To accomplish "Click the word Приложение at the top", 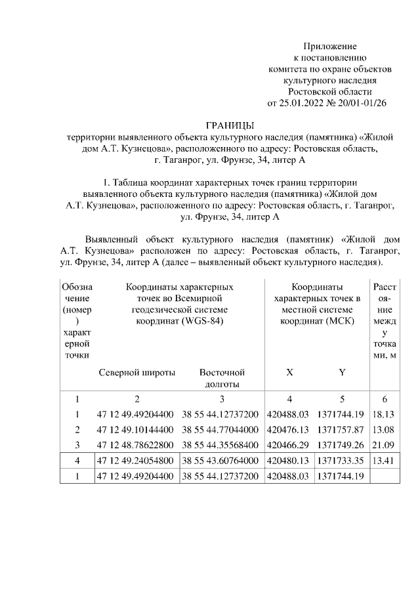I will click(x=329, y=47).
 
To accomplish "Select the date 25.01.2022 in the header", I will click(x=300, y=102).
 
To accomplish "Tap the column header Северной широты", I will click(x=137, y=372).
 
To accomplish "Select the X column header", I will click(x=290, y=372).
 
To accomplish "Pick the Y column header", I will click(x=341, y=372).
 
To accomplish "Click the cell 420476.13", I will click(x=289, y=430).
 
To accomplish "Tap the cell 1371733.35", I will click(x=340, y=461).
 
